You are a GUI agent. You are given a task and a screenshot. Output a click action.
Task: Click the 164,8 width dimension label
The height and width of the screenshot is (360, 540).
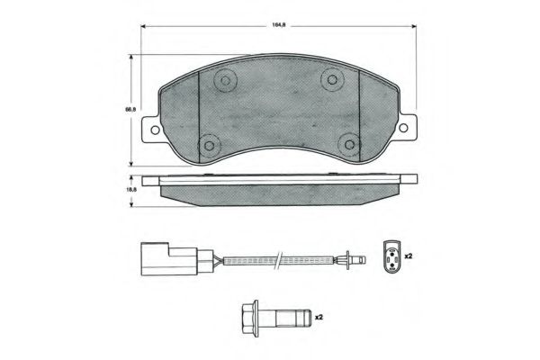click(x=279, y=25)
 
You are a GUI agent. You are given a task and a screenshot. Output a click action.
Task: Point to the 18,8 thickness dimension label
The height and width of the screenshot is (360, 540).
click(x=130, y=189)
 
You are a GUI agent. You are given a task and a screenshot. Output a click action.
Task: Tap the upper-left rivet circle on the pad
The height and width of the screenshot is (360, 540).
click(x=225, y=81)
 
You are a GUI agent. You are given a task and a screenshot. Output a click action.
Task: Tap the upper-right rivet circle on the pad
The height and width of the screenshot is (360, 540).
click(x=332, y=79)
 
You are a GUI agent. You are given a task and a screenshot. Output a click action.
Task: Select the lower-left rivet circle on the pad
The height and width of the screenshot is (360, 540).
click(x=210, y=146)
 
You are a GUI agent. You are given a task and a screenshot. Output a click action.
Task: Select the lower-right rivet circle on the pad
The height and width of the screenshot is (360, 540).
click(x=349, y=144)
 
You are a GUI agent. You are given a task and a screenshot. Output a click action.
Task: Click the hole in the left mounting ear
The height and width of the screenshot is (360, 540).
click(x=155, y=130)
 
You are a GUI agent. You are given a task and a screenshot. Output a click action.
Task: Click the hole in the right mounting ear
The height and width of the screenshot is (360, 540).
click(x=403, y=128)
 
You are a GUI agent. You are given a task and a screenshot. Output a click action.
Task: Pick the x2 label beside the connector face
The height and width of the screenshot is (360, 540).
click(x=409, y=256)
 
